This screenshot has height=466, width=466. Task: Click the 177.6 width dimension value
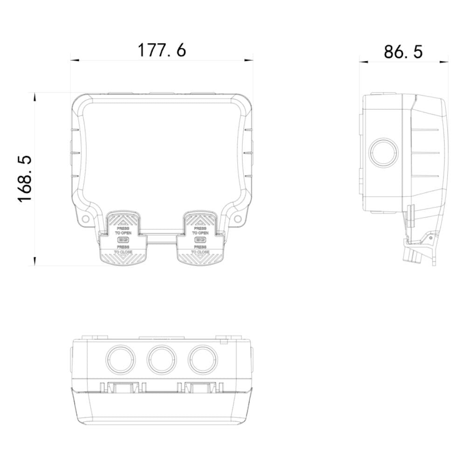(x=162, y=50)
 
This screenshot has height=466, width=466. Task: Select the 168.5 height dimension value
(x=25, y=178)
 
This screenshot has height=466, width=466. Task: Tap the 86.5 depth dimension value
(x=404, y=51)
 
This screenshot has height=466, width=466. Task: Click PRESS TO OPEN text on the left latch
(x=123, y=231)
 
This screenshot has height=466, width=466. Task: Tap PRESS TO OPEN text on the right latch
(x=200, y=231)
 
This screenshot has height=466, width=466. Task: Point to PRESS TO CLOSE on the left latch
(x=123, y=249)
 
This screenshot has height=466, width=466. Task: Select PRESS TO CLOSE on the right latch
(x=200, y=249)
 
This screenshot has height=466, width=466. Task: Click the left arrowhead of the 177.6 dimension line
(x=73, y=60)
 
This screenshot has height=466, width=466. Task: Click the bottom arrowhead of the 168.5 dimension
(x=34, y=263)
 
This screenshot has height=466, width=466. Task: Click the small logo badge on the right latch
(x=200, y=240)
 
